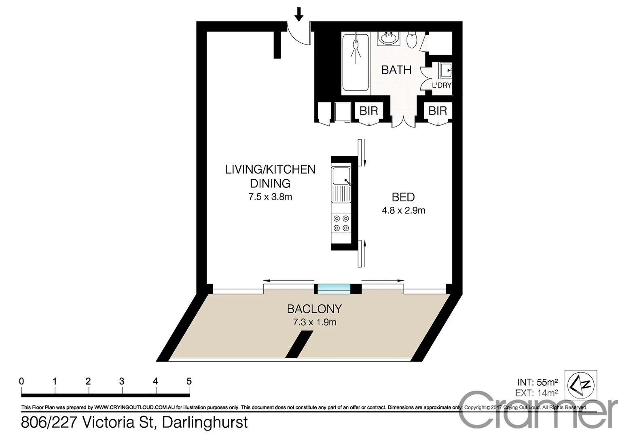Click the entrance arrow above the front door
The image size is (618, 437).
[x=299, y=14]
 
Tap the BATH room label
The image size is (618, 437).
[x=396, y=70]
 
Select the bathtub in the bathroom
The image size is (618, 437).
[x=356, y=63]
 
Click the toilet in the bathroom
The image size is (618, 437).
[x=412, y=40]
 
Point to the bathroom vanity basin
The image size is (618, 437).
[x=389, y=39]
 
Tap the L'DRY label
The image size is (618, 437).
[x=441, y=85]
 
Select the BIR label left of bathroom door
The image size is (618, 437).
[x=368, y=110]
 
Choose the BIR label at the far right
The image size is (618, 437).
[x=438, y=110]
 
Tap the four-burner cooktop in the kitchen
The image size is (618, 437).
[x=341, y=223]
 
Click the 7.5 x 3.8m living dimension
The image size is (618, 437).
[x=270, y=197]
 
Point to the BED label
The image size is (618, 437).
[x=403, y=197]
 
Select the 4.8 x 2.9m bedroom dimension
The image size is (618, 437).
[x=403, y=210]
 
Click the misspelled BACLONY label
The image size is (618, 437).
[x=314, y=309]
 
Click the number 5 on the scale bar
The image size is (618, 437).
[x=189, y=381]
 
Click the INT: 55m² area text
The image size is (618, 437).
[x=538, y=382]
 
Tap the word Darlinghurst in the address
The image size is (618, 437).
[x=205, y=422]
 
